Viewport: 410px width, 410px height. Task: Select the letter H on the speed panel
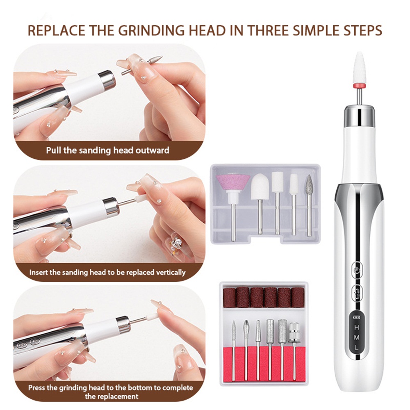click(x=357, y=327)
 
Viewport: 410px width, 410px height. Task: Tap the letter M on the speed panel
click(x=357, y=337)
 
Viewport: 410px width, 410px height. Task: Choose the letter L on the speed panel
click(x=356, y=348)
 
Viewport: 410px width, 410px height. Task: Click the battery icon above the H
click(x=357, y=317)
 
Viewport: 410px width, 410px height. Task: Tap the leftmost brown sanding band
click(x=230, y=297)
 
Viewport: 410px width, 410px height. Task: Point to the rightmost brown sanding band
click(x=298, y=298)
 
